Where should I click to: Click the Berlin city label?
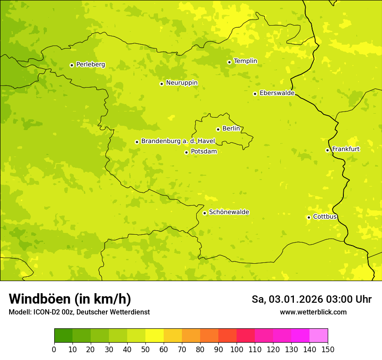click(x=231, y=129)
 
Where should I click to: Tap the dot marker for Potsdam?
click(x=186, y=152)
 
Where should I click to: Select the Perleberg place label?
click(x=90, y=65)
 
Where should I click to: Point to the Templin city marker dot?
click(x=229, y=62)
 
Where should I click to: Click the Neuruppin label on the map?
click(x=181, y=83)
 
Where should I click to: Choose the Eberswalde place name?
click(x=277, y=93)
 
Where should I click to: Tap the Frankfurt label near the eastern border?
click(x=346, y=149)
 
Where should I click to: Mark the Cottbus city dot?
click(x=309, y=217)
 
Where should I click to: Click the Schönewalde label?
click(x=229, y=212)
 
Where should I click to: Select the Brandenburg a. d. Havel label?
click(x=178, y=141)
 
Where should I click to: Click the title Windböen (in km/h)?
click(x=70, y=299)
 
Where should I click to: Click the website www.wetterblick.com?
click(x=313, y=312)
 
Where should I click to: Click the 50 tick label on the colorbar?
click(x=145, y=350)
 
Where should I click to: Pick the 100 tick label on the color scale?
click(x=237, y=350)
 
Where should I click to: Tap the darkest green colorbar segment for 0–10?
click(x=63, y=336)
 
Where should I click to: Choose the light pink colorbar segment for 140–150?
click(x=319, y=336)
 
